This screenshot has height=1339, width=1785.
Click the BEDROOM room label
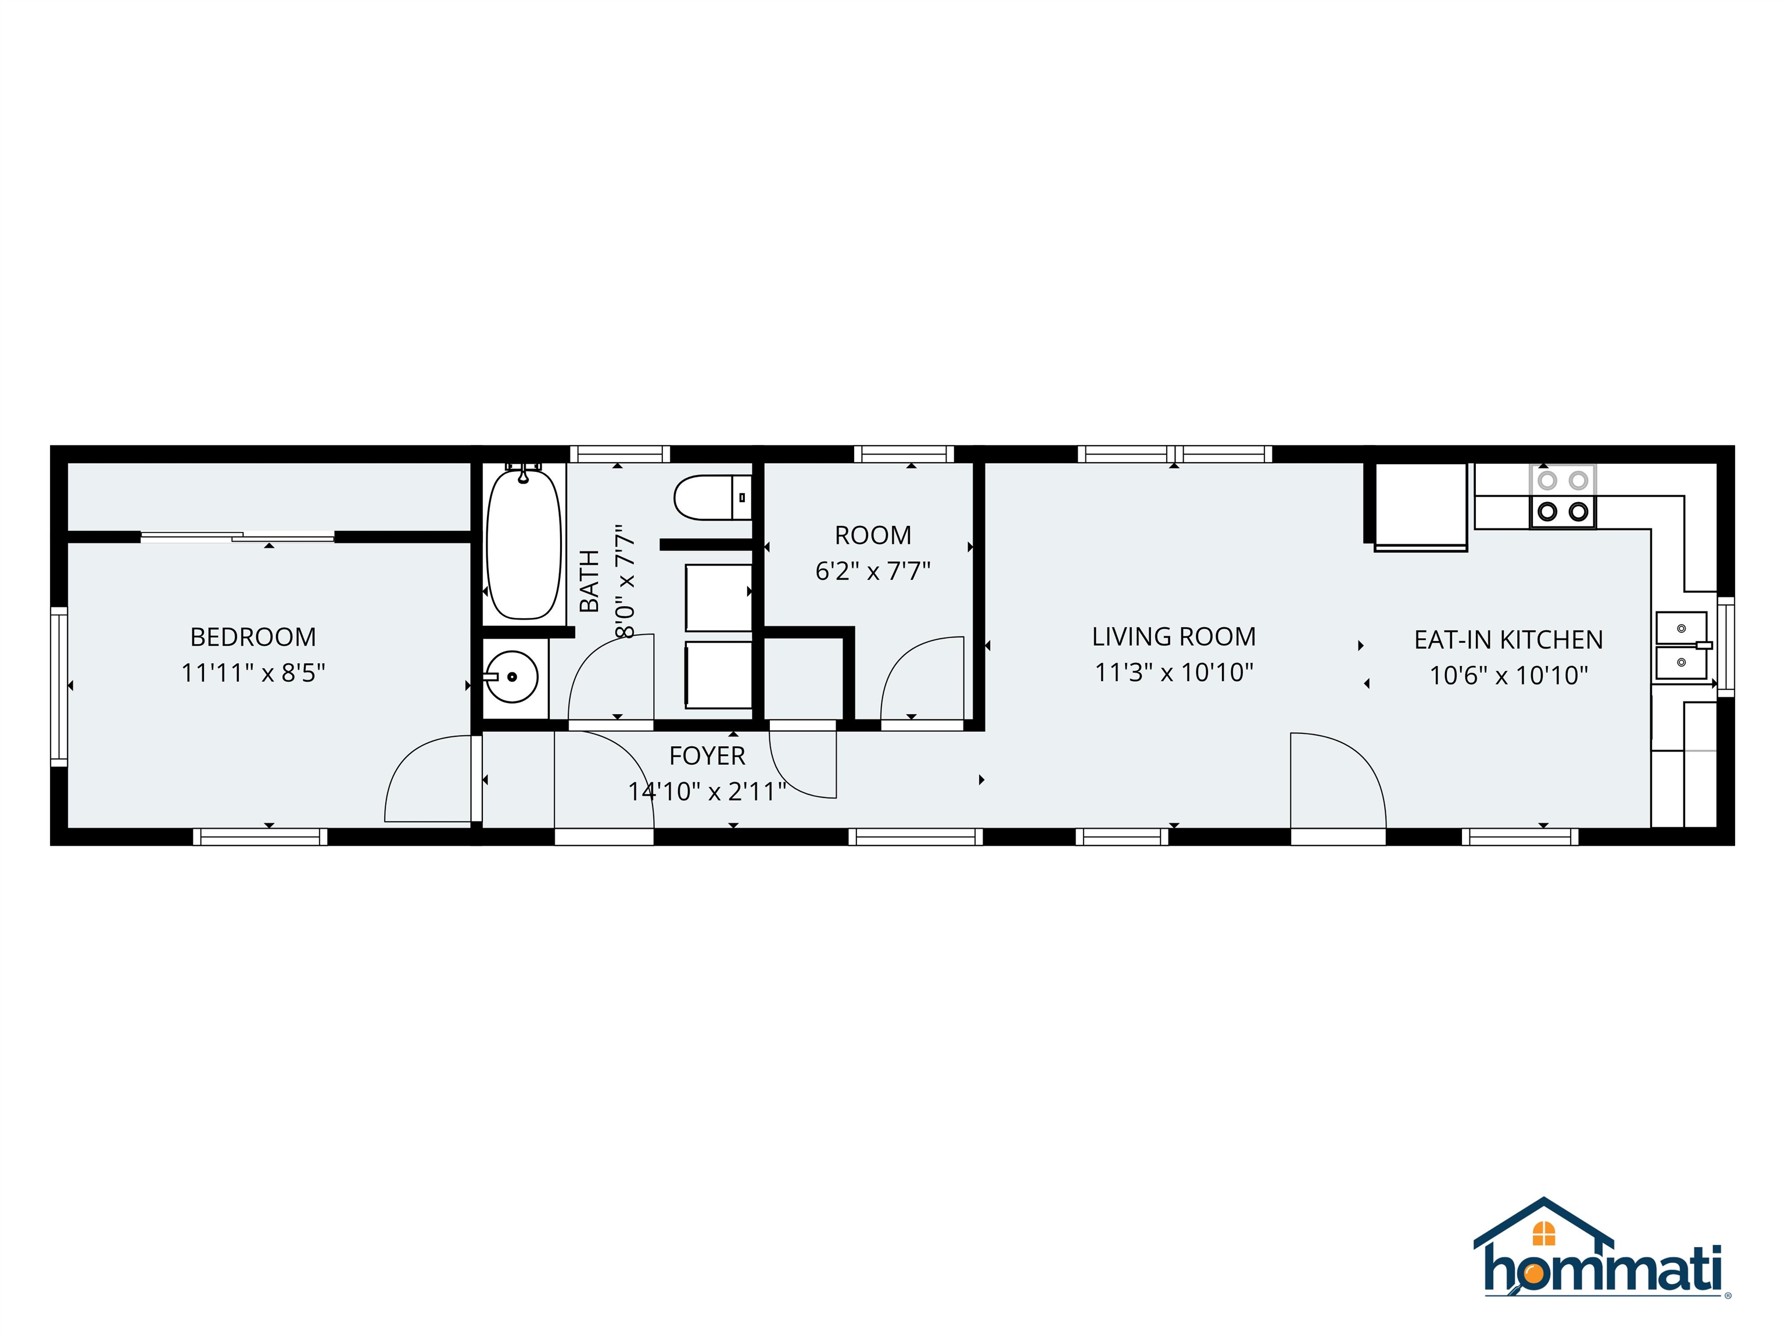(x=253, y=637)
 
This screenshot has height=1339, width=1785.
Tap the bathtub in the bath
(x=524, y=545)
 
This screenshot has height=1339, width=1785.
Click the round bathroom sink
(x=511, y=676)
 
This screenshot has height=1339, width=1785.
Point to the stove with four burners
(x=1562, y=496)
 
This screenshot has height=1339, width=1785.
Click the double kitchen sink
(x=1682, y=646)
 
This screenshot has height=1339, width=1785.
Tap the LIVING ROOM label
(x=1173, y=637)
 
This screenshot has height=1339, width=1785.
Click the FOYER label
(x=707, y=756)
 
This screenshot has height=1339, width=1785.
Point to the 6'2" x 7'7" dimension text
(x=872, y=571)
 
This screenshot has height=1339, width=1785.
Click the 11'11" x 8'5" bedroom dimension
(x=253, y=672)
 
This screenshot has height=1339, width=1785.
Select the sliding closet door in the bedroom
(x=238, y=536)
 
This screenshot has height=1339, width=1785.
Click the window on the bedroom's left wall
(x=59, y=686)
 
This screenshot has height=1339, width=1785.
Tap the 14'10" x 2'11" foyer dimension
(x=707, y=792)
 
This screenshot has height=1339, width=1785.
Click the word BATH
(x=590, y=581)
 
